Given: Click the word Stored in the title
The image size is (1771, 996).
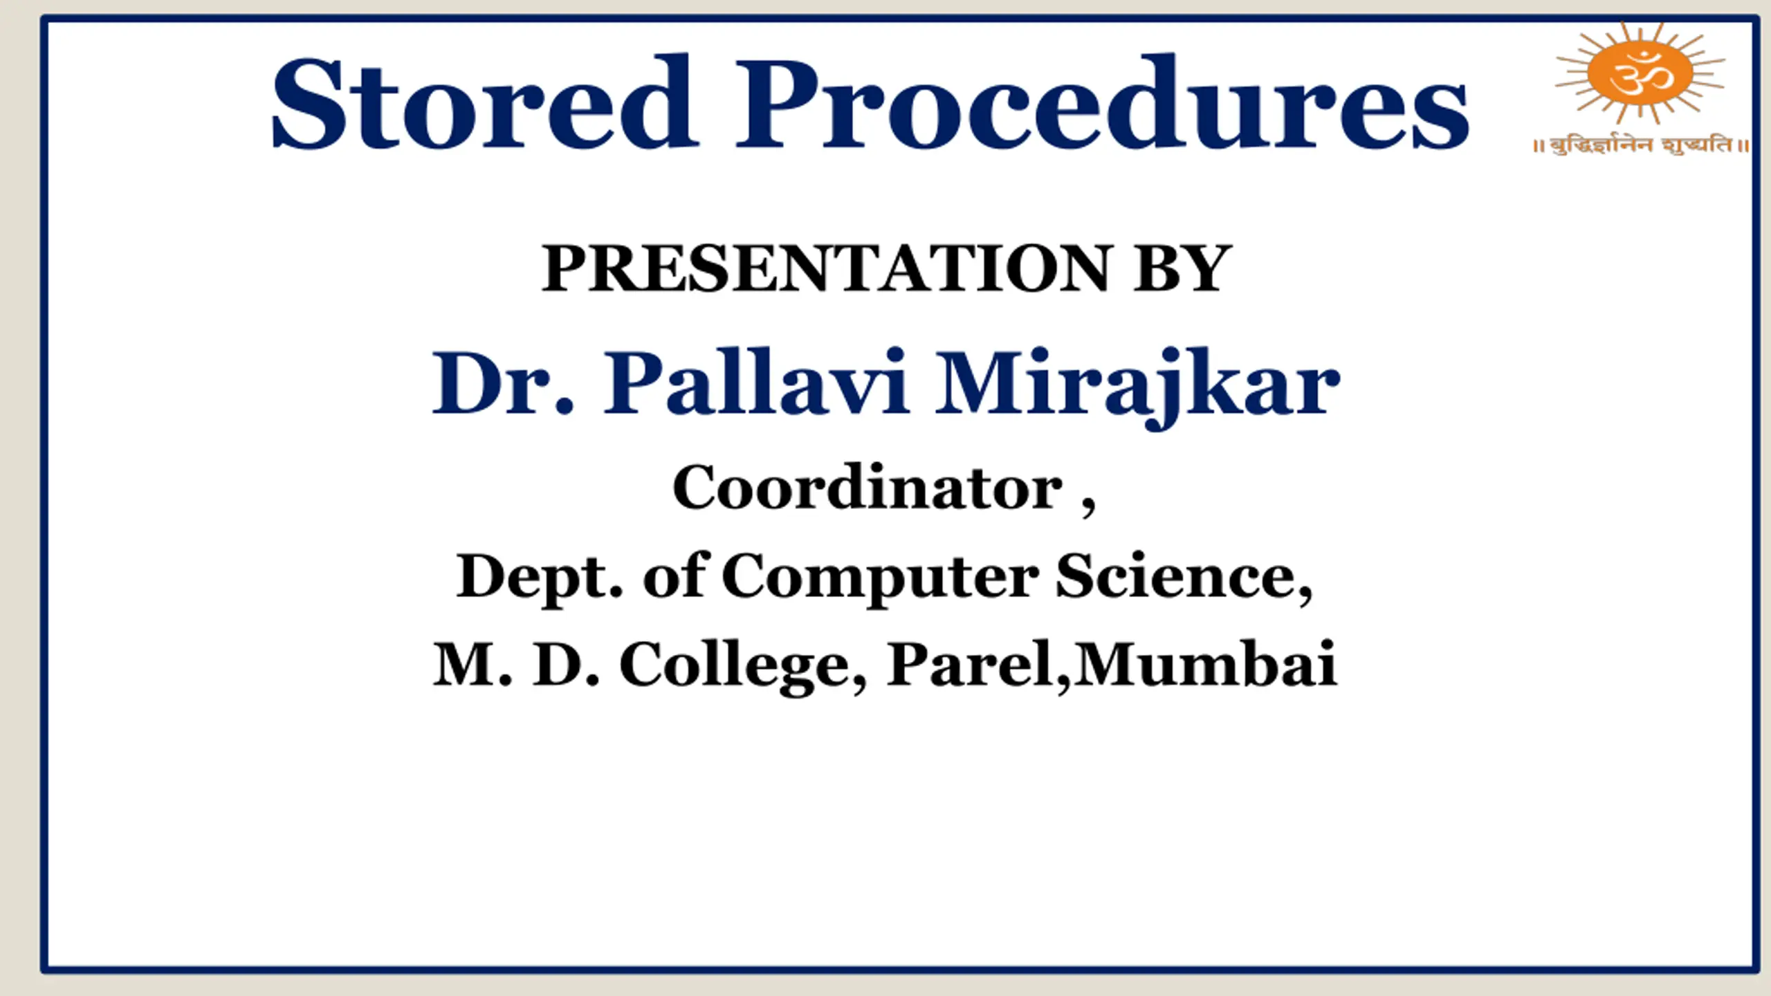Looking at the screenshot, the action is pos(484,102).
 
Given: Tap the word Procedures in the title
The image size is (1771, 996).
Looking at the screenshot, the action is pos(1102,102).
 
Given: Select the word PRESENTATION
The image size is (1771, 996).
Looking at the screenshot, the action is pos(827,268).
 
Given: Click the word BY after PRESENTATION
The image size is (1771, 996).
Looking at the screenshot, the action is pos(1182,268).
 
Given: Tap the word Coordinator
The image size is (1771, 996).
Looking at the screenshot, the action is pos(868,487).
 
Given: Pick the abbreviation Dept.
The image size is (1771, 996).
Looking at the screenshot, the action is pos(540,578).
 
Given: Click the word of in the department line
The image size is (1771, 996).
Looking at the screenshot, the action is pos(675,573).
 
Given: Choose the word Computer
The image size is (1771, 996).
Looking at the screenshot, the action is pos(880,578).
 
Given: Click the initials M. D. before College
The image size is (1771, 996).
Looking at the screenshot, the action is pos(516,664).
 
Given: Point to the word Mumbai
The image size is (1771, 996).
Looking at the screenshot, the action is pos(1205,663).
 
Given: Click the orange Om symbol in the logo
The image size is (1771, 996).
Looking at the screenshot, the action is pos(1640,73).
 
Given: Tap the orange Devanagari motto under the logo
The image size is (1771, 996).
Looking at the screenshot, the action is pos(1641,145).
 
